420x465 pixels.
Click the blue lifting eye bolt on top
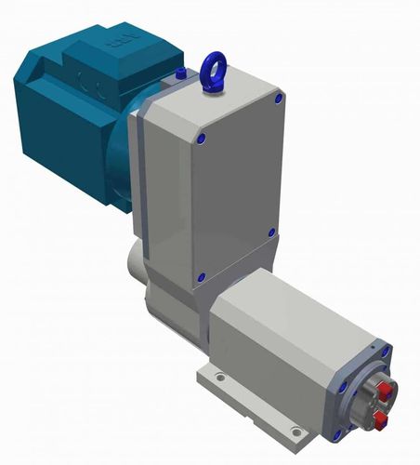pos(212,66)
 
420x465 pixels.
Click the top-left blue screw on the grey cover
pos(202,139)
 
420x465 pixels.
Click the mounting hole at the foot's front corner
pos(295,431)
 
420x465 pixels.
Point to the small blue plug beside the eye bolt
pos(178,73)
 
